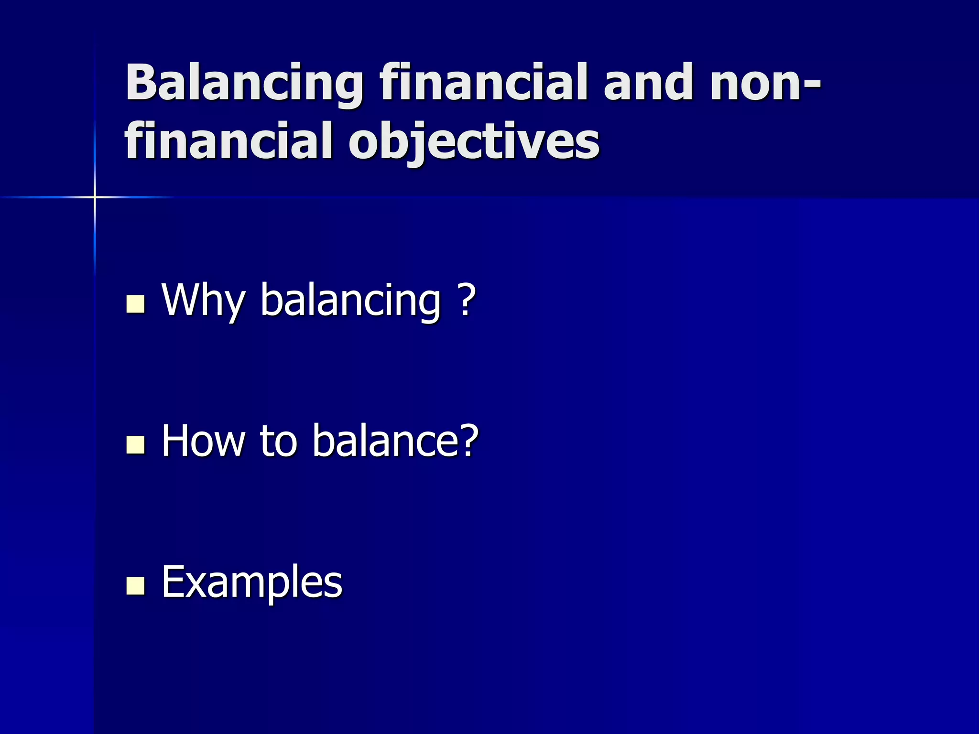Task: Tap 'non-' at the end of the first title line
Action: (x=765, y=84)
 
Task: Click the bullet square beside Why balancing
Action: (x=135, y=304)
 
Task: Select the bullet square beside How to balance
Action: (x=135, y=444)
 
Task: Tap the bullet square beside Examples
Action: (x=135, y=585)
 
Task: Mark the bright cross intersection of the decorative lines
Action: (x=95, y=197)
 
